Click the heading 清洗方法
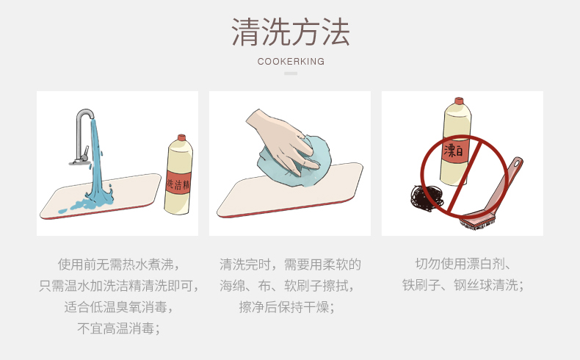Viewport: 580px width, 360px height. coord(291,32)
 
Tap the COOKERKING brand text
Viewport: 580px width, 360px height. coord(291,62)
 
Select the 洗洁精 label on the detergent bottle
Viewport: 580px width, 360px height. coord(178,183)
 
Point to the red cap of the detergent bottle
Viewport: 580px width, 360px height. coord(181,137)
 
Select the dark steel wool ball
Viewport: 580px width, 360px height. coord(427,198)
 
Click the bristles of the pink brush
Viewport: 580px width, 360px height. coord(476,222)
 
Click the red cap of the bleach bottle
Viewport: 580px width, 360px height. coord(459,101)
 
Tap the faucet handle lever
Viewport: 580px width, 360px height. coord(86,152)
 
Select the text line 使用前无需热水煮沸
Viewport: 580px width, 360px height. coord(118,264)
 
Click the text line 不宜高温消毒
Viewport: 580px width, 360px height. coord(118,328)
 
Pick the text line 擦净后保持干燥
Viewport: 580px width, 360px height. coord(286,307)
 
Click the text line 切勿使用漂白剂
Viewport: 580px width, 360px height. coord(463,264)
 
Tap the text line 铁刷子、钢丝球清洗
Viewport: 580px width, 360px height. coord(463,285)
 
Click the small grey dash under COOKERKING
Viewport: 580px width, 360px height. coord(291,73)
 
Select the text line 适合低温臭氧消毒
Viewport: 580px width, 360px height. coord(118,307)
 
